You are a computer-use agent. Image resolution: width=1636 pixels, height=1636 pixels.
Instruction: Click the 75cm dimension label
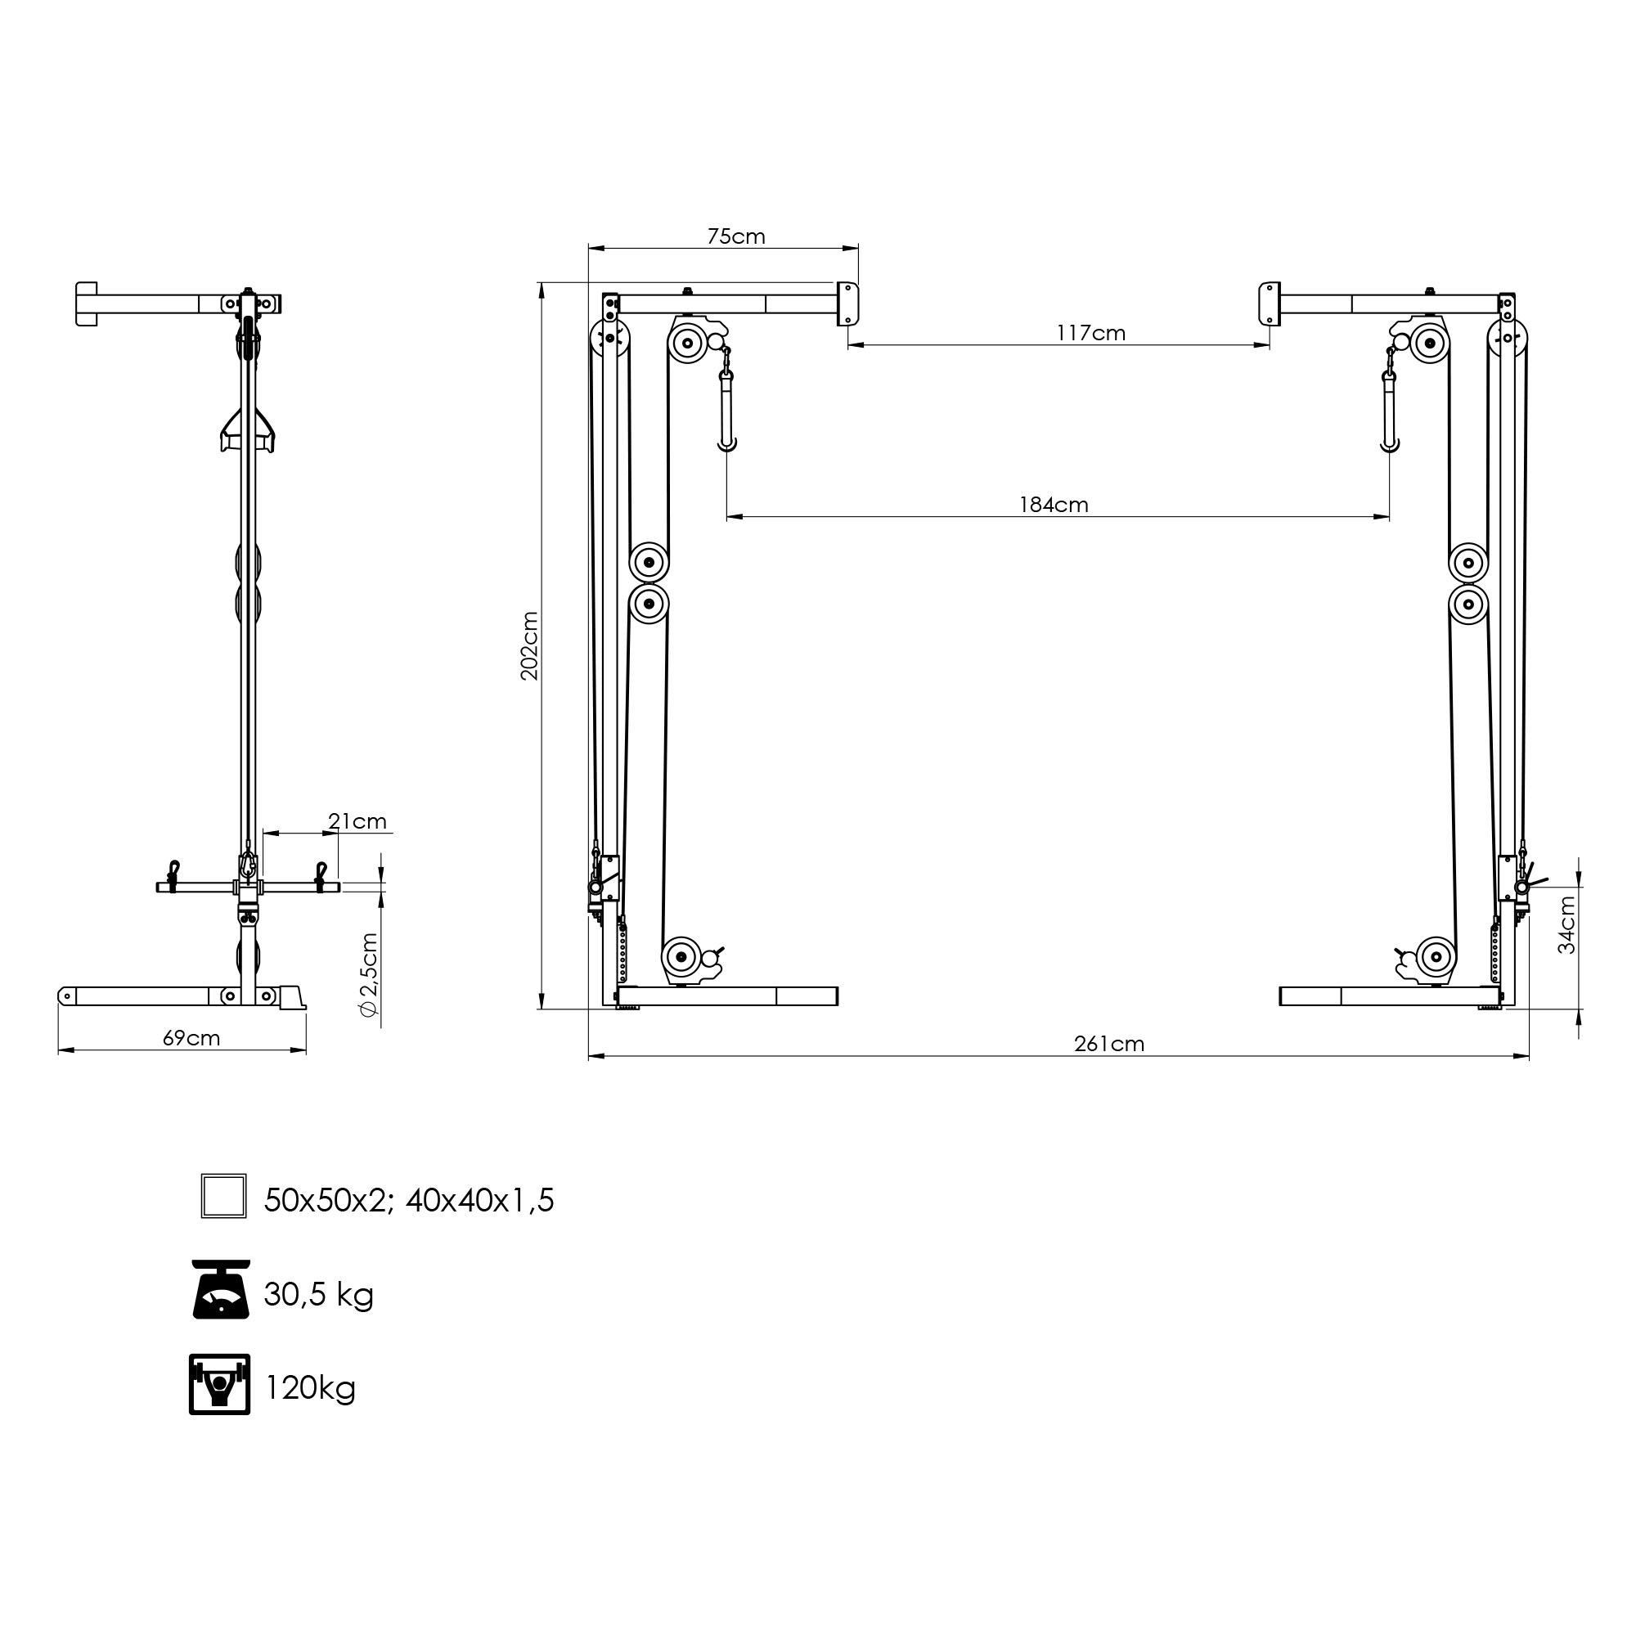(736, 236)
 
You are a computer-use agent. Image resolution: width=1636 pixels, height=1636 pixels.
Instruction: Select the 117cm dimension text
(1090, 333)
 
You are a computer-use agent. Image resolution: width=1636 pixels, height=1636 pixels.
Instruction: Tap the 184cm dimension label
(1054, 505)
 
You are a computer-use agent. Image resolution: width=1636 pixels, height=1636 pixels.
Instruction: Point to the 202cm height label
(529, 645)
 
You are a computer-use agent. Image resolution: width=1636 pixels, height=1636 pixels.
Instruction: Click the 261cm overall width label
(1108, 1044)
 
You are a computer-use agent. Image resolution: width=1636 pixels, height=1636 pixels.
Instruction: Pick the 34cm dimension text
(1566, 924)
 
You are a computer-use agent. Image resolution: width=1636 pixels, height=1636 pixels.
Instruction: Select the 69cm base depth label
(191, 1038)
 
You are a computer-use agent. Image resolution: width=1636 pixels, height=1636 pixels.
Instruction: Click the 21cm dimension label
(357, 821)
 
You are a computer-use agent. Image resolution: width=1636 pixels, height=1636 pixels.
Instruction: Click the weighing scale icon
(221, 1288)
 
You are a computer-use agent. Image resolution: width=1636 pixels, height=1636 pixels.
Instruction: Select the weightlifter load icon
(219, 1384)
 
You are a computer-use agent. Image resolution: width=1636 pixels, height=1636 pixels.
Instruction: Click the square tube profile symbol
(223, 1196)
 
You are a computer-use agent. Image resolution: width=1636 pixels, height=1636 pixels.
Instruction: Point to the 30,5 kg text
(318, 1294)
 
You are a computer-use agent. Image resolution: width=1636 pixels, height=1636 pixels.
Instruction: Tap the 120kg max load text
(310, 1388)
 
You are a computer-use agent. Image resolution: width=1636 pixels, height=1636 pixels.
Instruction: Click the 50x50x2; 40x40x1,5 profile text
(409, 1200)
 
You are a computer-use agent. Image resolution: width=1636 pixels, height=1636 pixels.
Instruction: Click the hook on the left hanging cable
(726, 442)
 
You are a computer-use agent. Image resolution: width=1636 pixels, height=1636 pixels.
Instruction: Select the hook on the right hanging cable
(1389, 443)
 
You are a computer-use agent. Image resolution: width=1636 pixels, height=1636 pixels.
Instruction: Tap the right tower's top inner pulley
(1430, 344)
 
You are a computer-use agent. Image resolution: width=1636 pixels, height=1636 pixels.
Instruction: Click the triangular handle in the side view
(248, 429)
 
